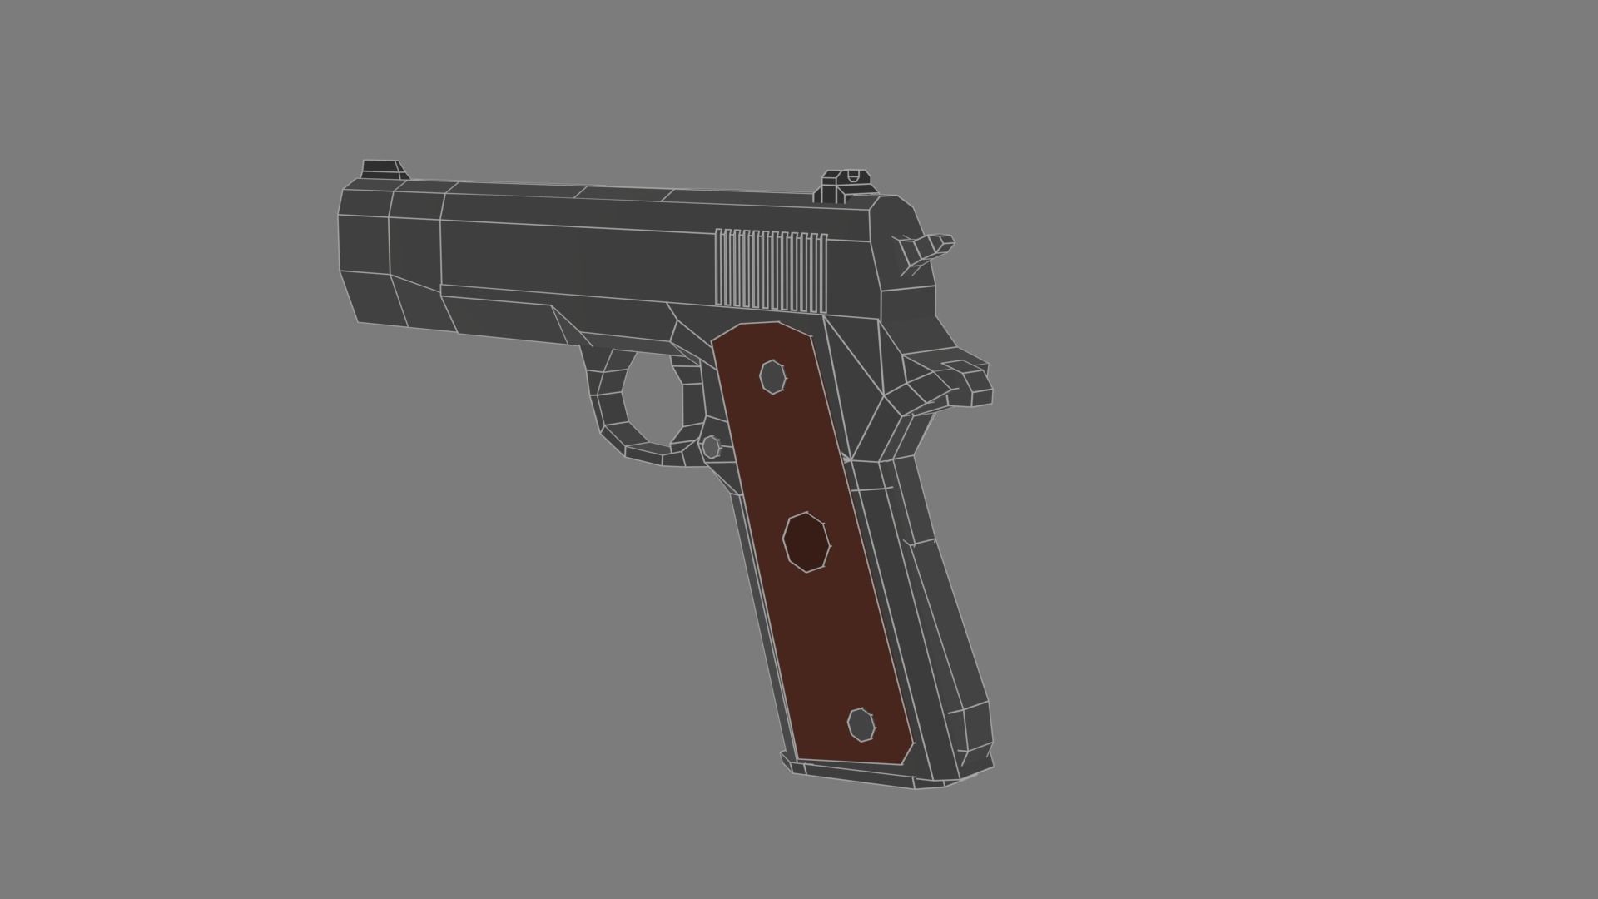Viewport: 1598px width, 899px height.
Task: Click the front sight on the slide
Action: [384, 170]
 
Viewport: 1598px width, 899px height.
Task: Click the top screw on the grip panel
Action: [773, 377]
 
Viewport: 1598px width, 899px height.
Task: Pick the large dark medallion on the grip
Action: [806, 542]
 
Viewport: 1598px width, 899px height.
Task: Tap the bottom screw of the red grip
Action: [861, 724]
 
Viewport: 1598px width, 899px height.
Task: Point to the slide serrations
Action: [771, 268]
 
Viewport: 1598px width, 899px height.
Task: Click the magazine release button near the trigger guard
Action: [711, 447]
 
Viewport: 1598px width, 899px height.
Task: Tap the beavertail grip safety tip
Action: [970, 382]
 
